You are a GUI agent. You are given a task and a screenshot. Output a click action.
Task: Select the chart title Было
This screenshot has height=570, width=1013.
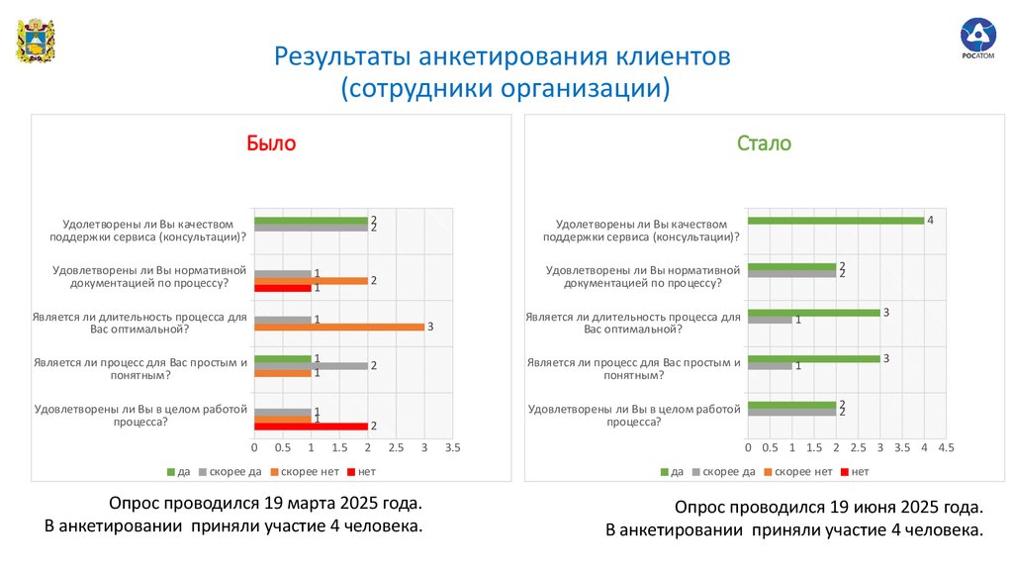point(271,143)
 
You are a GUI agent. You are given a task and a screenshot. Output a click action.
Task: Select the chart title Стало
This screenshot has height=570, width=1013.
point(764,143)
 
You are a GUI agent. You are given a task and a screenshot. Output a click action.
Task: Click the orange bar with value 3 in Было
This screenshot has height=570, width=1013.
point(339,327)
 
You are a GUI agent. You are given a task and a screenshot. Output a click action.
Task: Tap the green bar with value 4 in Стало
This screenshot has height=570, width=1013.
point(836,221)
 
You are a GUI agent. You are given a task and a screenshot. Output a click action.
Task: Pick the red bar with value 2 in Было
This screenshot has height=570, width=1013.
point(311,427)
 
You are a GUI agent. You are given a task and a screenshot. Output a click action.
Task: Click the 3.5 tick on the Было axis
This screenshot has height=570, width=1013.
point(452,448)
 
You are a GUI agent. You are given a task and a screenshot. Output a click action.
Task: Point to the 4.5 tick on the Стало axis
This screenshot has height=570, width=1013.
point(946,448)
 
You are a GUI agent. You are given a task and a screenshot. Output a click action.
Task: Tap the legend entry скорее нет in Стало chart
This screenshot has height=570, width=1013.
point(802,471)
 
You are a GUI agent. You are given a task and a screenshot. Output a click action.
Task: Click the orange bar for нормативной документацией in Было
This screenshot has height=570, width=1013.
point(311,281)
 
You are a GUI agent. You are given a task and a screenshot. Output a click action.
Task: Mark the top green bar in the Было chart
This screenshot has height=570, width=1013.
point(311,221)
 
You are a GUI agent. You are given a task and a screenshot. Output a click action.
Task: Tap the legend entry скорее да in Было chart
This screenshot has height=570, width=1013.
point(234,471)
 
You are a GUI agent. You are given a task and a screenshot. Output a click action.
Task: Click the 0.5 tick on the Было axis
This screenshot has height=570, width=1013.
point(283,448)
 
